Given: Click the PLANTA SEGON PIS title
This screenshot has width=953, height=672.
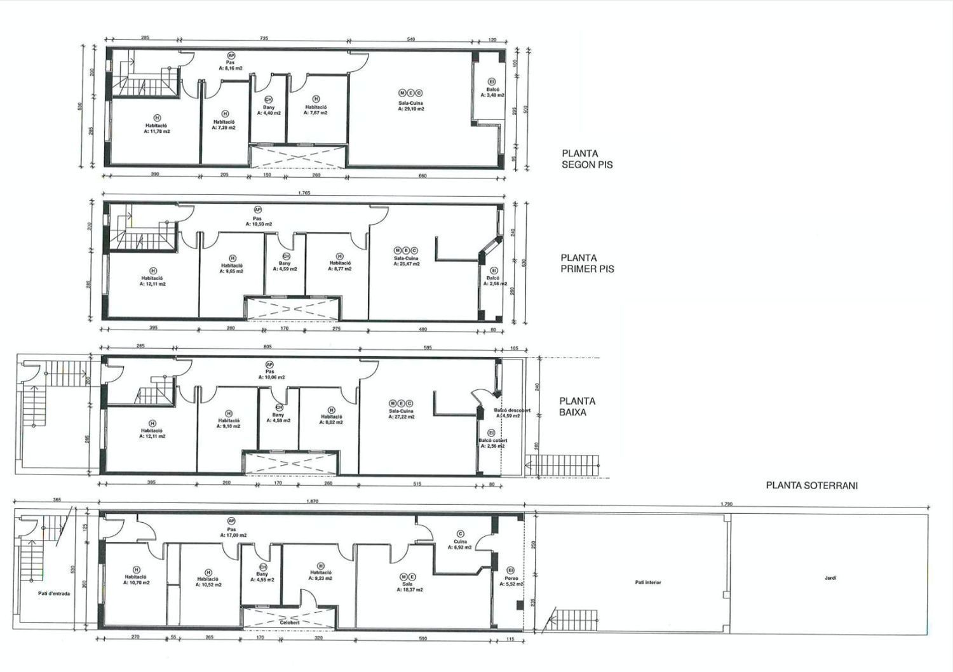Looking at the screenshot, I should click(587, 159).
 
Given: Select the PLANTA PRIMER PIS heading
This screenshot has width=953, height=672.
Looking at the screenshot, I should click(587, 264).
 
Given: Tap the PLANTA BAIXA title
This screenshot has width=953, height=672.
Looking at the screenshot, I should click(577, 407).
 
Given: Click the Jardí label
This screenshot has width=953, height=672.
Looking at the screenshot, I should click(830, 578).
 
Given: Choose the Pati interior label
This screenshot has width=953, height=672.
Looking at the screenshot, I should click(647, 582).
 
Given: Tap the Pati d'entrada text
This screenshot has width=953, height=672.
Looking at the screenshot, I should click(53, 594).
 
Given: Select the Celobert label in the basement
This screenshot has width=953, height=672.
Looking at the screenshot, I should click(289, 622).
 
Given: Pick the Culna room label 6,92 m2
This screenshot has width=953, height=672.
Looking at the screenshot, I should click(461, 544).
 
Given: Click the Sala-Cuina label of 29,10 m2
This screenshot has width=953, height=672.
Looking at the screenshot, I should click(411, 105).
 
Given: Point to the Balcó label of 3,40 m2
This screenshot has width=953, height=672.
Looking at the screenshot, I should click(492, 92).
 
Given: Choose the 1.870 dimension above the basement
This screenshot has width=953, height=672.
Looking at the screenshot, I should click(312, 502).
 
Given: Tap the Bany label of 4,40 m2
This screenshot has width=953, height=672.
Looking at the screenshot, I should click(268, 110).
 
